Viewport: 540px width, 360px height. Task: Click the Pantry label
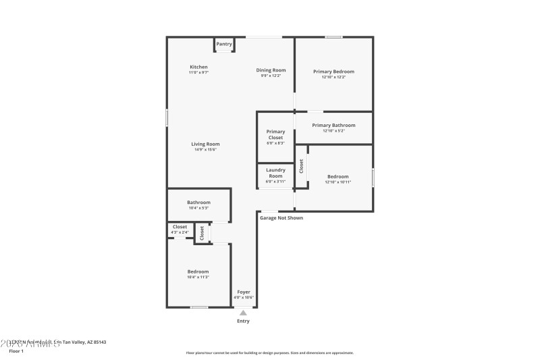224,45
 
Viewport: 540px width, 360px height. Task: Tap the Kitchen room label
198,67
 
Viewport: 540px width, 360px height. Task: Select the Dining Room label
271,70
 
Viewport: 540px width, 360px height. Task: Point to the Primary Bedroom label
333,71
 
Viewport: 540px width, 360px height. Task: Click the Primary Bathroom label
333,125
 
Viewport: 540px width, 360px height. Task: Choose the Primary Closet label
275,134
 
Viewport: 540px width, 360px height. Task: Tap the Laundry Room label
275,173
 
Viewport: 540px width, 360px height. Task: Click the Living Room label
205,144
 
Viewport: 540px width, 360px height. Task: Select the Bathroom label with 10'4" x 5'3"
198,202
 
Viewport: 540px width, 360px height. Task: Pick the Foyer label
243,292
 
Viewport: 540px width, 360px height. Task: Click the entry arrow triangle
243,313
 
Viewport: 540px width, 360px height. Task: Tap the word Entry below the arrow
243,321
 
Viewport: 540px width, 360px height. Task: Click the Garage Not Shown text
281,218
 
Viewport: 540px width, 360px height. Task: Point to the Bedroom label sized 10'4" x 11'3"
198,272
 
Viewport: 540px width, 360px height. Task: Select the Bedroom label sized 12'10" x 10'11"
337,176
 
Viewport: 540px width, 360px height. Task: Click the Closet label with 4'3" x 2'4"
180,227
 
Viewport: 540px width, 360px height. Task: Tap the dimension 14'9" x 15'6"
205,149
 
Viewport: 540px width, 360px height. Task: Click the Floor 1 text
16,351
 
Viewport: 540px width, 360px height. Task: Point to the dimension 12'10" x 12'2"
333,77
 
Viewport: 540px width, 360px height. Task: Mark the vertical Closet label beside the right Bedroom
302,165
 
